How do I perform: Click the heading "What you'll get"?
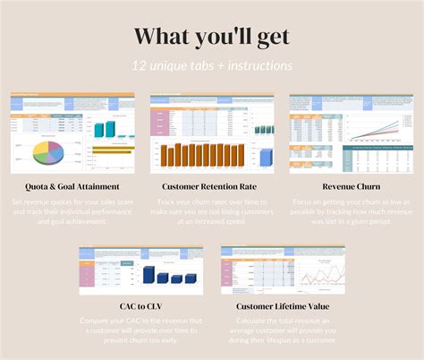[212, 36]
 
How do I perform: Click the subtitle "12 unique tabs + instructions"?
[212, 66]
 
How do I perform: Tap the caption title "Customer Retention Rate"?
[212, 186]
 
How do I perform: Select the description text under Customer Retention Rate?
[212, 211]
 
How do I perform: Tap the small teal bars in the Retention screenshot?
[263, 129]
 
